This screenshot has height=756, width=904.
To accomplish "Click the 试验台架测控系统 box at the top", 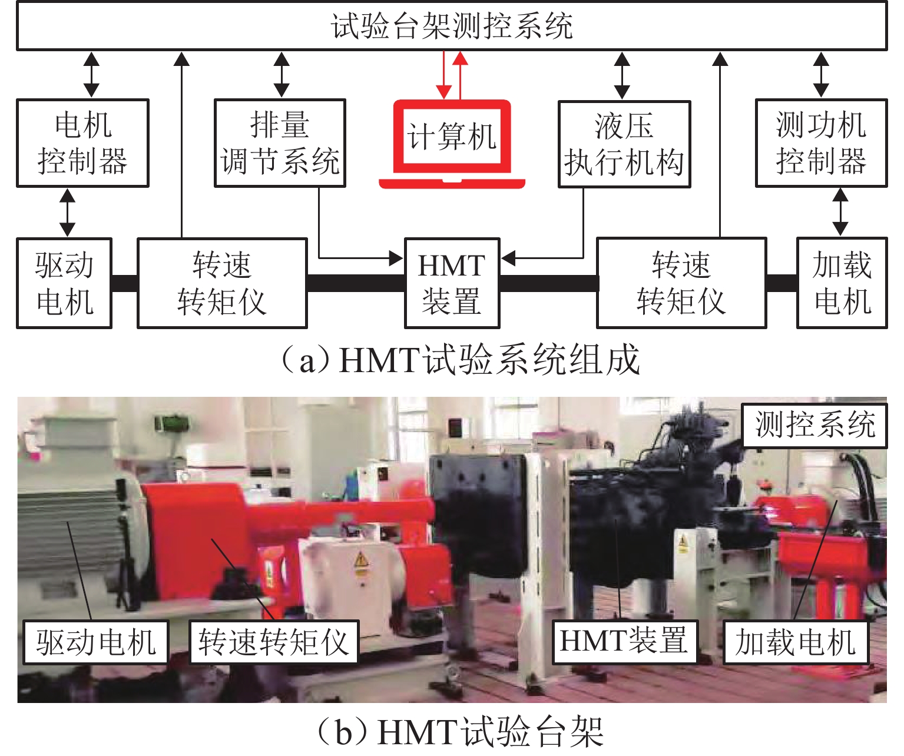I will click(451, 26).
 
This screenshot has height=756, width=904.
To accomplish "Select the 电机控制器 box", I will click(82, 143).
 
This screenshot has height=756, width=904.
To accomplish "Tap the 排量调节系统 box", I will click(280, 143).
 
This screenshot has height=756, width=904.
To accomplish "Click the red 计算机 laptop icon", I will click(452, 141).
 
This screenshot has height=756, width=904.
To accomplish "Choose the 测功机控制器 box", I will click(821, 143).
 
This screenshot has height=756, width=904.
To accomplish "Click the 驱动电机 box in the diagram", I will click(64, 283).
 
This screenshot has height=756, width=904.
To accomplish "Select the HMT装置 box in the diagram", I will click(452, 283).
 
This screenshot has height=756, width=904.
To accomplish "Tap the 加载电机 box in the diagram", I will click(842, 283).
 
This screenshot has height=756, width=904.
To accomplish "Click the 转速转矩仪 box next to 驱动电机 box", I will click(222, 283).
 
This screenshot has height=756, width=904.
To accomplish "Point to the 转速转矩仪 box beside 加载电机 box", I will click(681, 283).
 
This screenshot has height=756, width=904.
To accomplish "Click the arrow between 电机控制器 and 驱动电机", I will click(68, 213).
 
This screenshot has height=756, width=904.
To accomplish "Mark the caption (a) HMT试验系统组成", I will click(460, 359).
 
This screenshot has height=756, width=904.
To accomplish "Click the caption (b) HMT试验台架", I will click(460, 732).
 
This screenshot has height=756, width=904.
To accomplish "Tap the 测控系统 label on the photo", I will click(814, 425).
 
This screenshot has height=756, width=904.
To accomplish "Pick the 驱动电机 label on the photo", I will click(95, 641).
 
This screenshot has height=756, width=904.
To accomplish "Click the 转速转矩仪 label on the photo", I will click(274, 641).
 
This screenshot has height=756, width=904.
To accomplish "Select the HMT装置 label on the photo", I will click(624, 641).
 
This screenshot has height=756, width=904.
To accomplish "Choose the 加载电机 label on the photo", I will click(795, 641).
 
